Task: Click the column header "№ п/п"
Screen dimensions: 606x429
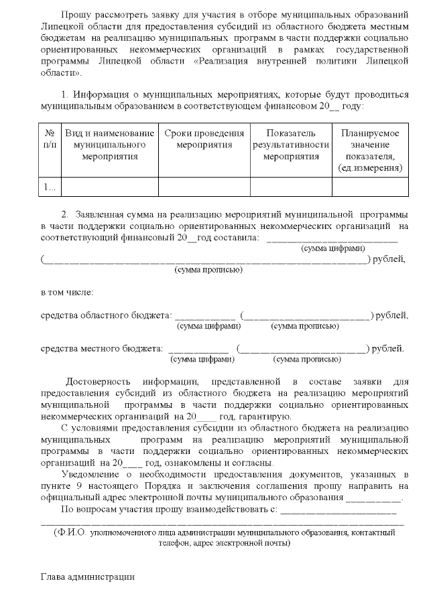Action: point(49,139)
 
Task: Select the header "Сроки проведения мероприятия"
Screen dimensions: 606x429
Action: point(204,139)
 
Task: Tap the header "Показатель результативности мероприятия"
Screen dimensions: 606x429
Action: point(290,145)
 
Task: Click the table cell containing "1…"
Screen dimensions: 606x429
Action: point(49,187)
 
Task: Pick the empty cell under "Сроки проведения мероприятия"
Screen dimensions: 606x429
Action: point(204,187)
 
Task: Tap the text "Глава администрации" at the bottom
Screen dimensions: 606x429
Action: point(87,576)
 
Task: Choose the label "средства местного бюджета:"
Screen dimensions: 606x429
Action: point(102,348)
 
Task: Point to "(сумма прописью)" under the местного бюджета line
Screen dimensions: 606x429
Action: point(304,359)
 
